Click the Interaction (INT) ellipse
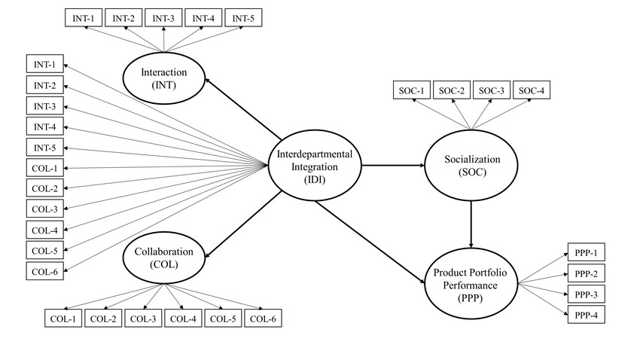pyautogui.click(x=164, y=78)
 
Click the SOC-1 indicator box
pyautogui.click(x=410, y=91)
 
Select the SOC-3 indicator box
pyautogui.click(x=491, y=91)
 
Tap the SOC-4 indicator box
pyautogui.click(x=532, y=91)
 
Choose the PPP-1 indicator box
pyautogui.click(x=585, y=252)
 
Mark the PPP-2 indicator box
pyautogui.click(x=585, y=273)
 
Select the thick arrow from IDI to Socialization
pyautogui.click(x=392, y=166)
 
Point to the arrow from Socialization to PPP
pyautogui.click(x=471, y=223)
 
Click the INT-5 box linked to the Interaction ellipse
pyautogui.click(x=247, y=17)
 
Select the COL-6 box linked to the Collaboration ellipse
pyautogui.click(x=262, y=319)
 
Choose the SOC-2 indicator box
pyautogui.click(x=451, y=91)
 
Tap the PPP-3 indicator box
pyautogui.click(x=585, y=294)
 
